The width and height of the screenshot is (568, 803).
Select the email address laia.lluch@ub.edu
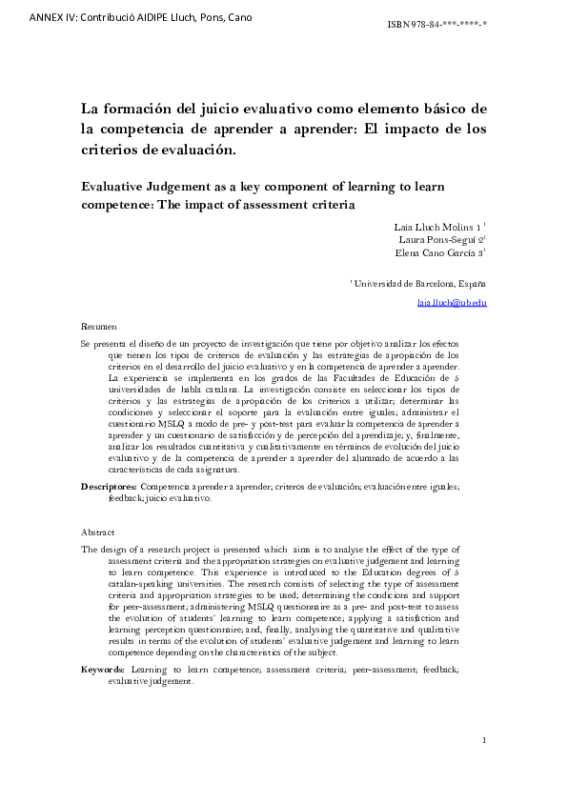pyautogui.click(x=453, y=302)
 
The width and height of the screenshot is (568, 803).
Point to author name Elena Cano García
pyautogui.click(x=438, y=253)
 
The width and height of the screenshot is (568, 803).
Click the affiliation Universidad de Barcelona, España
pyautogui.click(x=420, y=283)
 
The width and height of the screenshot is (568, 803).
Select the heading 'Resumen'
pyautogui.click(x=99, y=325)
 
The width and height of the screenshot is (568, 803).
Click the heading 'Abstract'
pyautogui.click(x=98, y=532)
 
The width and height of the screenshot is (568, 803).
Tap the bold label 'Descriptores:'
pyautogui.click(x=109, y=487)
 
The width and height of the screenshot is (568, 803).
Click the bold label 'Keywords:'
pyautogui.click(x=104, y=671)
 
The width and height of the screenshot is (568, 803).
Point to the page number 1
pyautogui.click(x=484, y=740)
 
